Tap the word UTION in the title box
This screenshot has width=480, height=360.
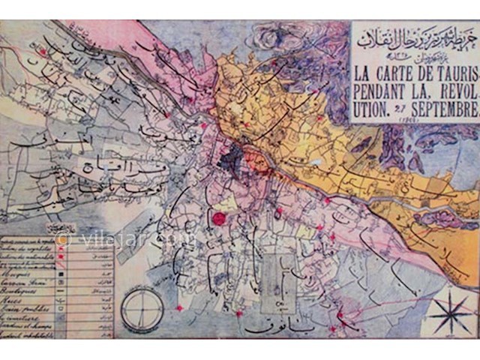[x=373, y=111]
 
